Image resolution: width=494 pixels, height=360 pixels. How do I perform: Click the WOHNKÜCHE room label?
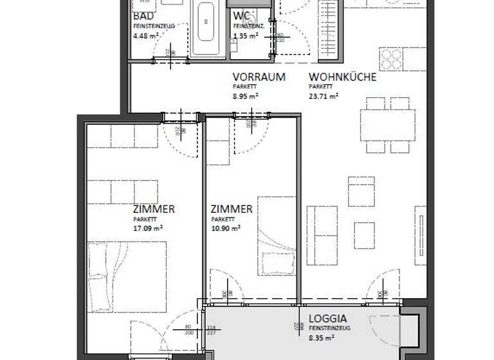(342, 77)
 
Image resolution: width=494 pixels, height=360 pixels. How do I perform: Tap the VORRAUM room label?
(259, 77)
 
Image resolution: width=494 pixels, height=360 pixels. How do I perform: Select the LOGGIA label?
(328, 318)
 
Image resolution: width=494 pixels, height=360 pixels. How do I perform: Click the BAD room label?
(143, 16)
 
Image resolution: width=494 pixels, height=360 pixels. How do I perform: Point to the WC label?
(242, 16)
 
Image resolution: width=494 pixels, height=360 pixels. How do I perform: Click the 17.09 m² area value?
(148, 228)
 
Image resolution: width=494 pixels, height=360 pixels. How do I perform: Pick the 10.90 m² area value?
(226, 228)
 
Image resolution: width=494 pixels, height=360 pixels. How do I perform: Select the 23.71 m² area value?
(324, 96)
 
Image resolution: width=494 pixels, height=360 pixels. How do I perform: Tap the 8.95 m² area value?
(246, 96)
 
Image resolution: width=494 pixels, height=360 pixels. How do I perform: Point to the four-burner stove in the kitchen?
(391, 59)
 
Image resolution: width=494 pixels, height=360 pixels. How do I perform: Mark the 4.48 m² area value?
(145, 35)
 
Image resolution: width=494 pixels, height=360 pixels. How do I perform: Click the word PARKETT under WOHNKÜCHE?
(320, 87)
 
